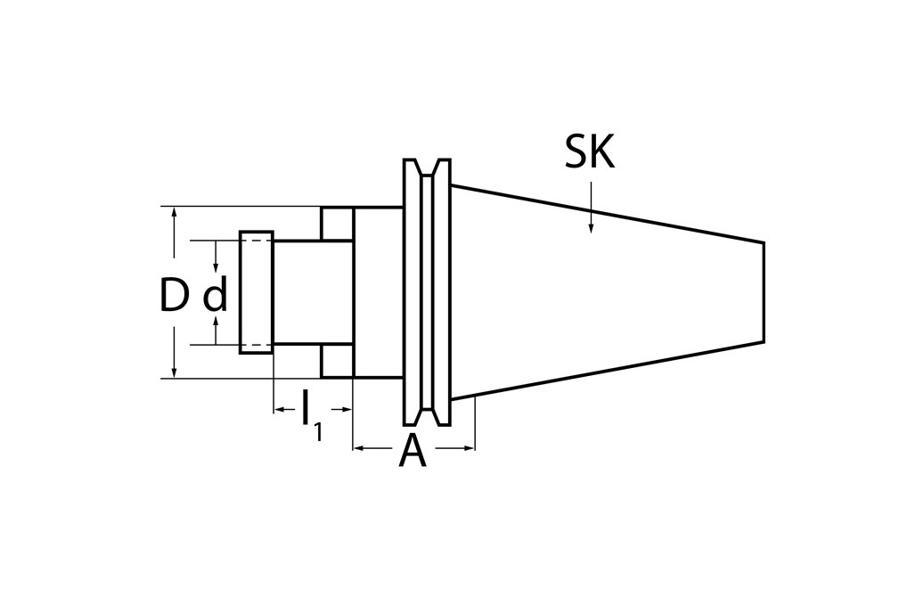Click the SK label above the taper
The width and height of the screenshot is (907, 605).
coord(590,152)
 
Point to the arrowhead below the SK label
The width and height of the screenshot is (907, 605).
coord(590,228)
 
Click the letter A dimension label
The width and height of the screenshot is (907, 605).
coord(412,452)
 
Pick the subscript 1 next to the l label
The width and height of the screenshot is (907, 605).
coord(318,433)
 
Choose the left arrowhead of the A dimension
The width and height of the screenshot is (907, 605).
coord(360,449)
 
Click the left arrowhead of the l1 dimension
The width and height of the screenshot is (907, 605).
coord(279,409)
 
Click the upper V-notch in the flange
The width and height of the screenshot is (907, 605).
coord(427,168)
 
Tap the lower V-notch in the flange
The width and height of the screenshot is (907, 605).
coord(427,416)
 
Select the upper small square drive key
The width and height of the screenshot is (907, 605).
coord(338,224)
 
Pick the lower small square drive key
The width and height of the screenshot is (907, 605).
coord(338,361)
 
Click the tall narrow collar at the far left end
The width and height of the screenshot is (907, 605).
coord(256,292)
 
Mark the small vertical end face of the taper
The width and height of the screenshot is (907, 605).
coord(764,292)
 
